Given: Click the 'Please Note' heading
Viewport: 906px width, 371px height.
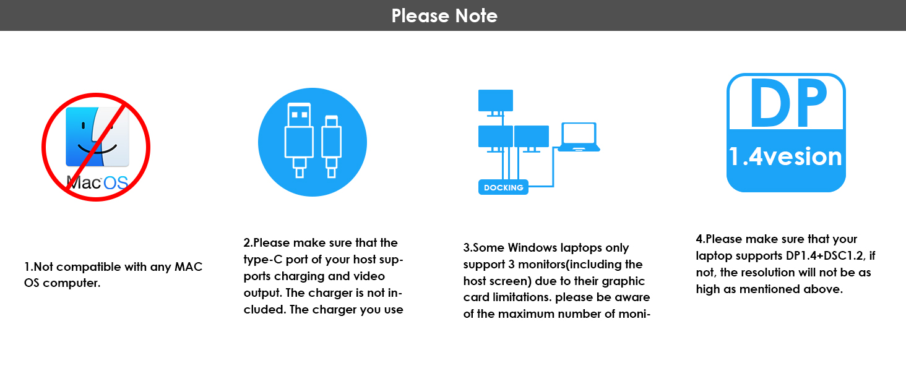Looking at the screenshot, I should pyautogui.click(x=444, y=15).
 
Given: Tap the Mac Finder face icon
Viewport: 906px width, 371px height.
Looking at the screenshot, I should pyautogui.click(x=97, y=136).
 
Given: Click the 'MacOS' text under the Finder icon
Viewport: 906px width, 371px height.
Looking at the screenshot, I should pyautogui.click(x=97, y=182).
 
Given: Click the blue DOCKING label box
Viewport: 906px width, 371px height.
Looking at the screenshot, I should pyautogui.click(x=503, y=187).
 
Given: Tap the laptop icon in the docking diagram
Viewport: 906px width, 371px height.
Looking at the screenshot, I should pyautogui.click(x=579, y=137).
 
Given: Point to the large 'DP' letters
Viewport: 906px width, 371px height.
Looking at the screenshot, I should pyautogui.click(x=786, y=102).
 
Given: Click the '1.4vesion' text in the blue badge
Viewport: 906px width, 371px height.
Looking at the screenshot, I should pyautogui.click(x=785, y=156).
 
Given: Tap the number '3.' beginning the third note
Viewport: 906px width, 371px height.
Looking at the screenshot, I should pyautogui.click(x=468, y=248).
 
